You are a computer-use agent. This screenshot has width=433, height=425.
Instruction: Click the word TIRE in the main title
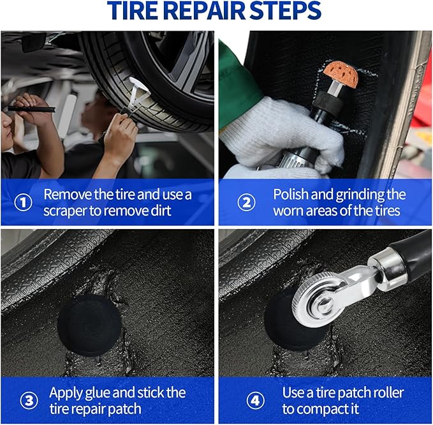(135, 11)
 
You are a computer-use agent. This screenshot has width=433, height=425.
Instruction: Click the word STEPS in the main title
(288, 11)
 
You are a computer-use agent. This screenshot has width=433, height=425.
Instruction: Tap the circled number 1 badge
(23, 203)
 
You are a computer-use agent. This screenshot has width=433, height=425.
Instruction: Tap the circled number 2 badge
(247, 203)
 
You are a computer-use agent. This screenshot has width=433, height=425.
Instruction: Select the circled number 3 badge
(27, 401)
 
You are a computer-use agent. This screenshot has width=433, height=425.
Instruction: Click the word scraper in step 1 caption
(68, 211)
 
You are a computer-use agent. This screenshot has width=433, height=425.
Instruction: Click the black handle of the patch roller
(408, 249)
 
